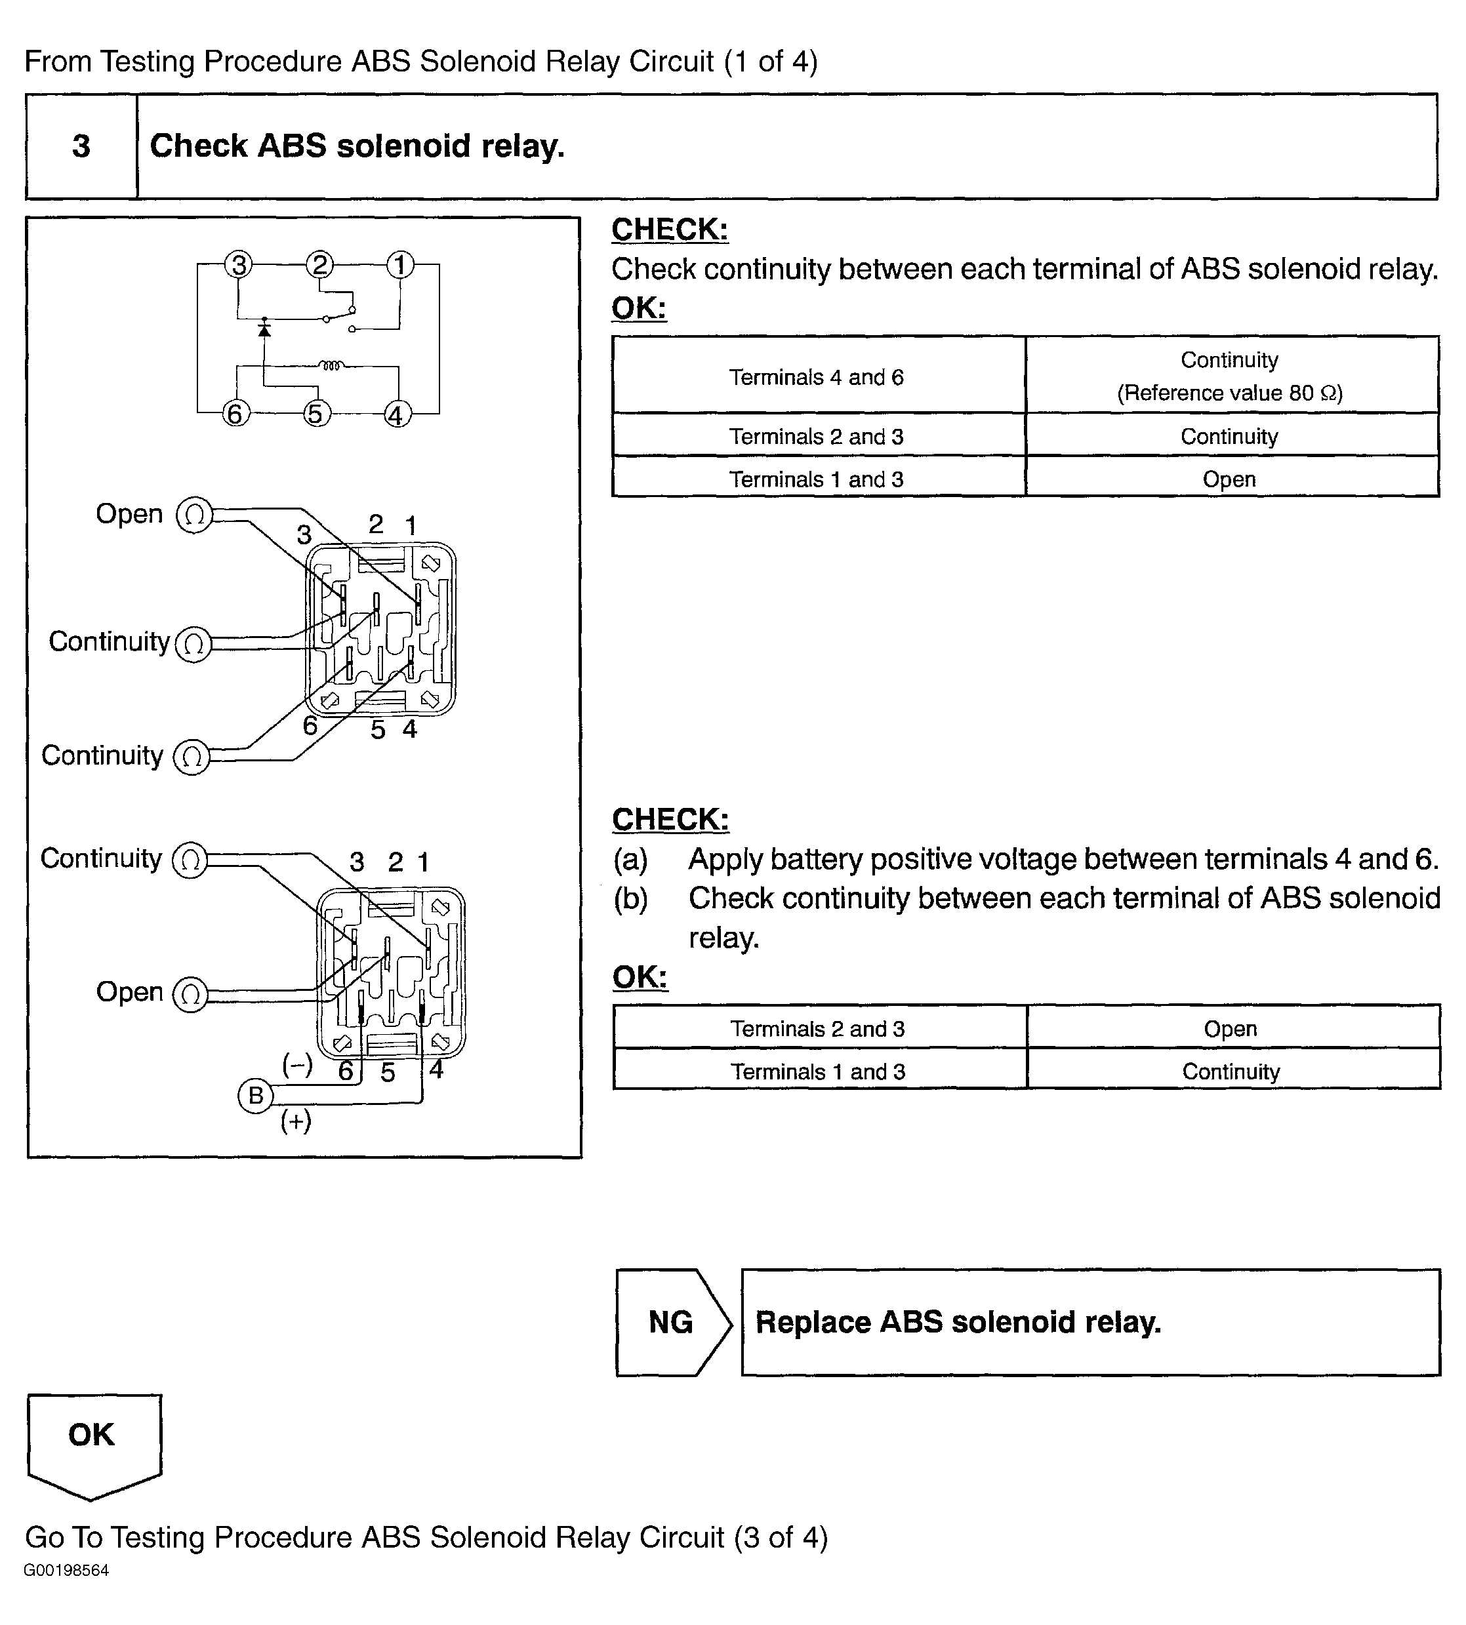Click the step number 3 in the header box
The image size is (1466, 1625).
coord(81,146)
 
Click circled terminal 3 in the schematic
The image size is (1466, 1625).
coord(238,264)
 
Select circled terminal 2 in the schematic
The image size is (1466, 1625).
coord(320,264)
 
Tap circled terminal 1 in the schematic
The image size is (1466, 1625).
coord(400,264)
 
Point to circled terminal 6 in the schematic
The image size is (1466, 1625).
coord(235,414)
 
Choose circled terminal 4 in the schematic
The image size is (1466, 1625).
coord(396,414)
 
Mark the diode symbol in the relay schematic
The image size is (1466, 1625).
coord(264,329)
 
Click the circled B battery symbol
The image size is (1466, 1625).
coord(255,1095)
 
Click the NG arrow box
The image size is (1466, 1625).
coord(672,1322)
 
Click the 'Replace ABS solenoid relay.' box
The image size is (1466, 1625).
coord(1090,1322)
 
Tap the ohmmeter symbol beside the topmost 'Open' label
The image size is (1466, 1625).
coord(194,515)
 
